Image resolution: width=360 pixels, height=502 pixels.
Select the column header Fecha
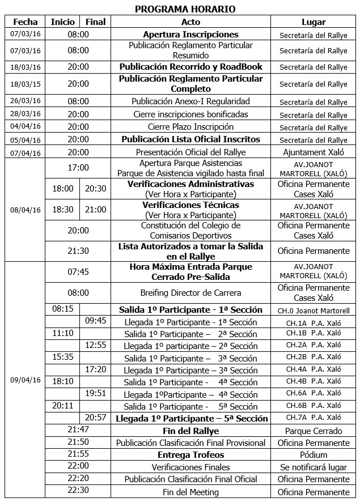pyautogui.click(x=25, y=22)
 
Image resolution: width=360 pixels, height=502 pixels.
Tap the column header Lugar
pyautogui.click(x=314, y=22)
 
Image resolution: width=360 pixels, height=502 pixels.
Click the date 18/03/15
pyautogui.click(x=25, y=83)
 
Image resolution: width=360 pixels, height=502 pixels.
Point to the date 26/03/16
pyautogui.click(x=25, y=101)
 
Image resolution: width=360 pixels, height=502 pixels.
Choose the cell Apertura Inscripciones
pyautogui.click(x=190, y=35)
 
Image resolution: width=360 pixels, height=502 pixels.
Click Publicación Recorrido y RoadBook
pyautogui.click(x=190, y=66)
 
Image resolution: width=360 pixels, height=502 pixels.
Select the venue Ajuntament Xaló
pyautogui.click(x=314, y=152)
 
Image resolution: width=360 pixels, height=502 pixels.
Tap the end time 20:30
pyautogui.click(x=95, y=189)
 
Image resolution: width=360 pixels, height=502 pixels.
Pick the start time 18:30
pyautogui.click(x=63, y=210)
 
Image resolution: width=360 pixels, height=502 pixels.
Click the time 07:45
pyautogui.click(x=78, y=272)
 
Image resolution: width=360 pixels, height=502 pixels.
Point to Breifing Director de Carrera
pyautogui.click(x=190, y=293)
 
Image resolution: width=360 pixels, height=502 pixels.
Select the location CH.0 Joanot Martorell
pyautogui.click(x=314, y=310)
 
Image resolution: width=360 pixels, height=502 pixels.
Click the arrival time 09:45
pyautogui.click(x=95, y=321)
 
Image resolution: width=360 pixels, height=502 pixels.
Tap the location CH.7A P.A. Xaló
pyautogui.click(x=314, y=418)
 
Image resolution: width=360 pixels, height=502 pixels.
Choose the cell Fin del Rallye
pyautogui.click(x=190, y=431)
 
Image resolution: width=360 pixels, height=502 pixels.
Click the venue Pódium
pyautogui.click(x=314, y=455)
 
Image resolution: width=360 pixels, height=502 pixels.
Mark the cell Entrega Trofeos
pyautogui.click(x=190, y=455)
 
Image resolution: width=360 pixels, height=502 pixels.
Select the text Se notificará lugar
pyautogui.click(x=314, y=467)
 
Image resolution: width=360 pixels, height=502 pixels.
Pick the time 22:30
pyautogui.click(x=78, y=491)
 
